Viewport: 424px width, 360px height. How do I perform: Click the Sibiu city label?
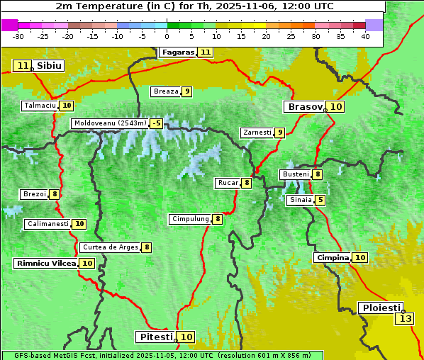pyautogui.click(x=50, y=66)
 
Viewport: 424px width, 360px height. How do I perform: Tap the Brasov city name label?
pyautogui.click(x=304, y=107)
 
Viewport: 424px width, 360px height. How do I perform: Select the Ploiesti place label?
pyautogui.click(x=380, y=308)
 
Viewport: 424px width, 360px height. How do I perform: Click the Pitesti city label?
pyautogui.click(x=155, y=337)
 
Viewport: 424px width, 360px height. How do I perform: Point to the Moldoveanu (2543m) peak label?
pyautogui.click(x=109, y=123)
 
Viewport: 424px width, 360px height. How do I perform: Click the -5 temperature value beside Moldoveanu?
pyautogui.click(x=156, y=123)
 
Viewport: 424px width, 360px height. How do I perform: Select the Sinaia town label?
pyautogui.click(x=300, y=200)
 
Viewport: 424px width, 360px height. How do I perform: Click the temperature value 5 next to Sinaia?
pyautogui.click(x=320, y=200)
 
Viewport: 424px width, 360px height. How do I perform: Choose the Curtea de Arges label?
pyautogui.click(x=109, y=247)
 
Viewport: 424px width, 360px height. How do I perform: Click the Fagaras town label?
pyautogui.click(x=177, y=52)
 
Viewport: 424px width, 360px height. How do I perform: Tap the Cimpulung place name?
pyautogui.click(x=189, y=219)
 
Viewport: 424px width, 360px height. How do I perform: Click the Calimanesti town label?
pyautogui.click(x=48, y=224)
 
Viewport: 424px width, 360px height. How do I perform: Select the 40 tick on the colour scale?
pyautogui.click(x=365, y=36)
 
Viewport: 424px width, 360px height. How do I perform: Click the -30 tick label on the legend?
pyautogui.click(x=18, y=36)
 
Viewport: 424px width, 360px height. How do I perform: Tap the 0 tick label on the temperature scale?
pyautogui.click(x=167, y=36)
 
